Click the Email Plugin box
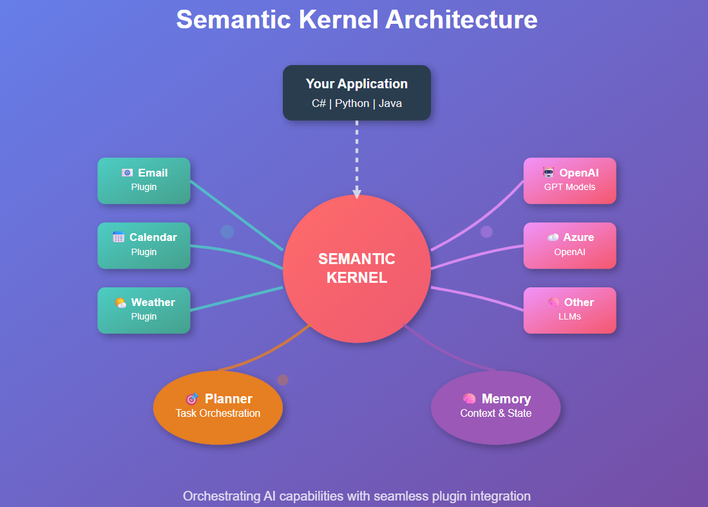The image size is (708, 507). (144, 180)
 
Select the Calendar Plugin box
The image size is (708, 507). (144, 245)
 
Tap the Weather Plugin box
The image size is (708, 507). (144, 310)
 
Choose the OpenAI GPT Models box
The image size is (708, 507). (569, 180)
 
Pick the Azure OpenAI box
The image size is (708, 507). (569, 245)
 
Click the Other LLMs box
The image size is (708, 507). (569, 310)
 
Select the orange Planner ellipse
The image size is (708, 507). (218, 407)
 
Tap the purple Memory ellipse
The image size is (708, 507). (495, 407)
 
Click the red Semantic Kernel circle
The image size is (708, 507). (356, 269)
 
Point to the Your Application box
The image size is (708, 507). (356, 93)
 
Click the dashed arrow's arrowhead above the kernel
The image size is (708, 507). (356, 193)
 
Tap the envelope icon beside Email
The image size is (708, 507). (128, 173)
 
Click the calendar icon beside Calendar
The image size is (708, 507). (119, 237)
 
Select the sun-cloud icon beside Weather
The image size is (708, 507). (120, 302)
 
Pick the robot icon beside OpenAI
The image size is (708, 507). (548, 173)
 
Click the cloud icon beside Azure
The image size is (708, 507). (553, 237)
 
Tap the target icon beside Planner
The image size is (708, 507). (192, 399)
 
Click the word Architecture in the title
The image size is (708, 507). (461, 19)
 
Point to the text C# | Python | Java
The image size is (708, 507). (356, 103)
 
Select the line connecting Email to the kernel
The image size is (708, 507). (236, 215)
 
